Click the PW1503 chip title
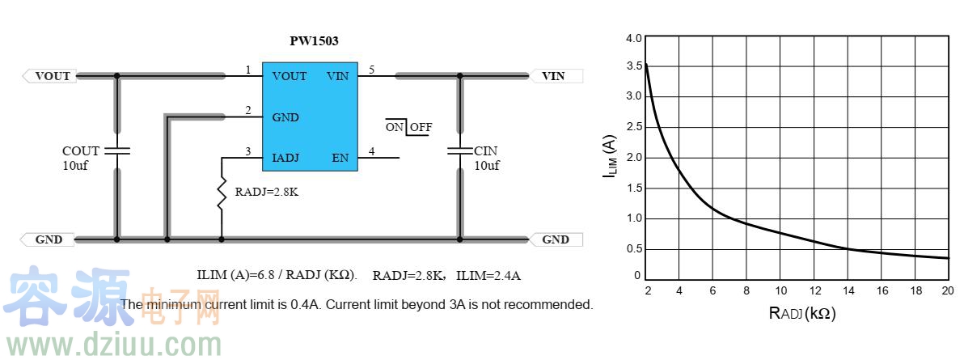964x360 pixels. [314, 41]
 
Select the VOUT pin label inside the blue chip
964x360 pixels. [289, 76]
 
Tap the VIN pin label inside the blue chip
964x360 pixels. [337, 76]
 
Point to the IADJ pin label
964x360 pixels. [285, 158]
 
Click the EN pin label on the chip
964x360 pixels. [340, 158]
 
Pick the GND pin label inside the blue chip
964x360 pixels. [285, 117]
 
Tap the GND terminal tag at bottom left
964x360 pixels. [48, 239]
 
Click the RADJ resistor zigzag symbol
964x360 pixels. [222, 194]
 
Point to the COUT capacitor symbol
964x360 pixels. [116, 150]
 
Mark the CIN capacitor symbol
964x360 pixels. [459, 150]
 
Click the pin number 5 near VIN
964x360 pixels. [371, 70]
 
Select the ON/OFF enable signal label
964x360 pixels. [409, 126]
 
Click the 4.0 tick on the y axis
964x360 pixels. [634, 38]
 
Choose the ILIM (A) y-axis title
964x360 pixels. [610, 156]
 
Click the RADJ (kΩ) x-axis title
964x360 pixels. [802, 313]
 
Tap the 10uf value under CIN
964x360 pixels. [486, 166]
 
